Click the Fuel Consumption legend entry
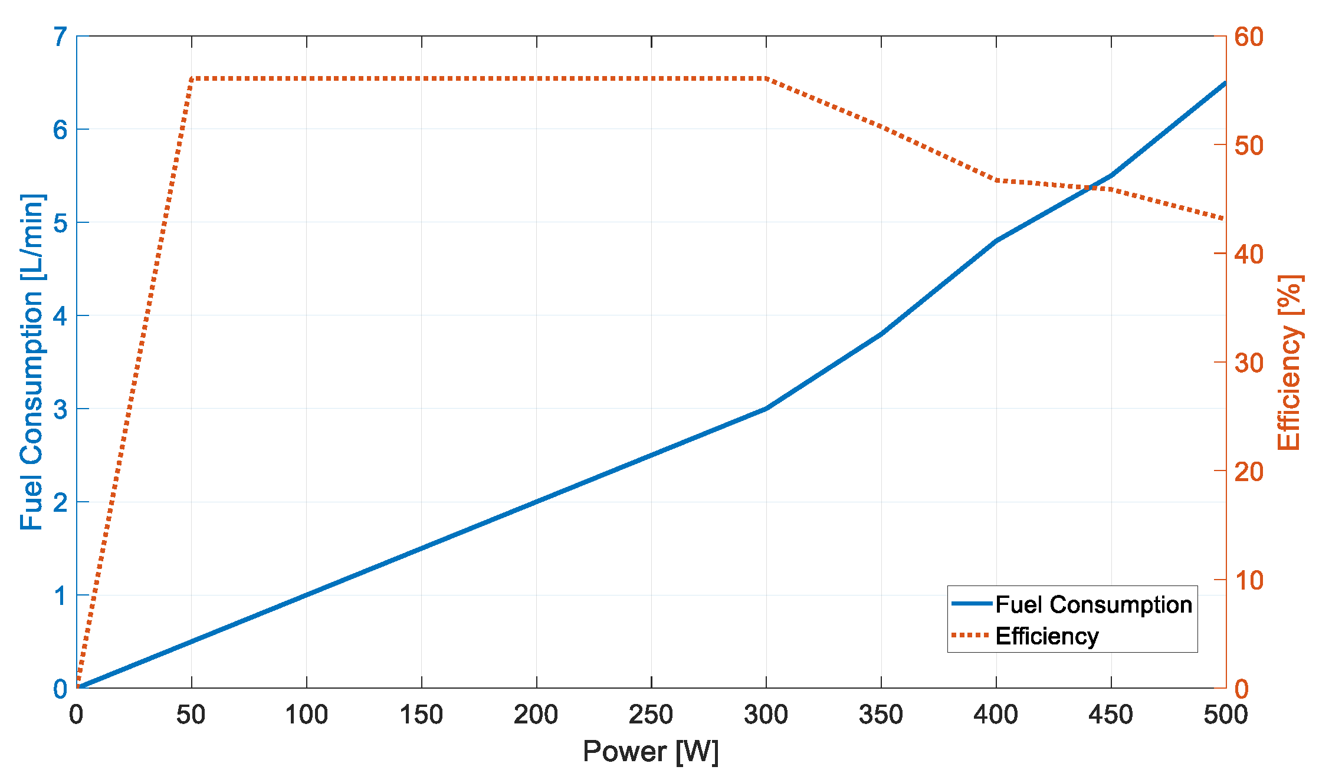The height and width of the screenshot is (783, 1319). pyautogui.click(x=1093, y=605)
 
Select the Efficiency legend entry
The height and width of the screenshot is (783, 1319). pyautogui.click(x=1046, y=636)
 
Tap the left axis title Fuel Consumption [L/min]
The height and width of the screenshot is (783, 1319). pyautogui.click(x=32, y=361)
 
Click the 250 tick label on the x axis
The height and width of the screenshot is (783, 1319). pyautogui.click(x=651, y=715)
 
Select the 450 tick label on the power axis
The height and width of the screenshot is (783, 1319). pyautogui.click(x=1111, y=715)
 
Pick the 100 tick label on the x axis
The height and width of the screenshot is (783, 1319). pyautogui.click(x=306, y=715)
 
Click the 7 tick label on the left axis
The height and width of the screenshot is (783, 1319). pyautogui.click(x=60, y=37)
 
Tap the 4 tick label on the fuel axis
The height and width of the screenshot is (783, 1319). pyautogui.click(x=60, y=316)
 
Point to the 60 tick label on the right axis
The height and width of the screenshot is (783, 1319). pyautogui.click(x=1249, y=37)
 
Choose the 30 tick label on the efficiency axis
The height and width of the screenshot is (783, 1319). pyautogui.click(x=1249, y=363)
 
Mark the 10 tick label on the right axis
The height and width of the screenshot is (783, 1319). pyautogui.click(x=1249, y=580)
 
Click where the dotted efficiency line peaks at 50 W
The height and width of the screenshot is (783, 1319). pyautogui.click(x=192, y=78)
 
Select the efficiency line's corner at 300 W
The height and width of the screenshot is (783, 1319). pyautogui.click(x=766, y=78)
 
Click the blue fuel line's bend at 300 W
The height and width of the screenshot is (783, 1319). pyautogui.click(x=766, y=409)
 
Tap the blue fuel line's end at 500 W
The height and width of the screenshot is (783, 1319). pyautogui.click(x=1225, y=83)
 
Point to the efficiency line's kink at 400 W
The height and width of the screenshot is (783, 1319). pyautogui.click(x=996, y=180)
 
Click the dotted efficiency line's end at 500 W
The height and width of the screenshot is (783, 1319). pyautogui.click(x=1225, y=219)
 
